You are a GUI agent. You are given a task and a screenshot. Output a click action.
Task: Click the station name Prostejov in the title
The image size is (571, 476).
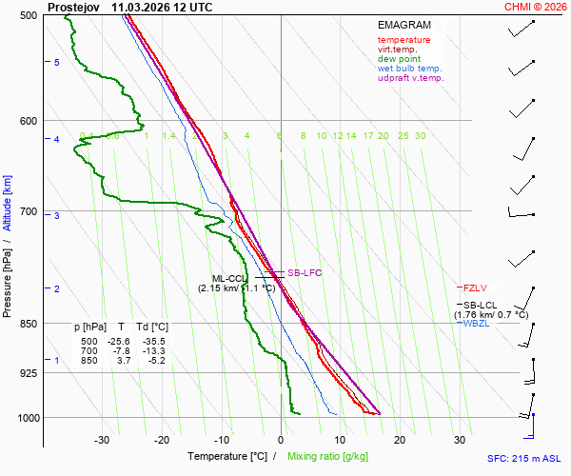(73, 7)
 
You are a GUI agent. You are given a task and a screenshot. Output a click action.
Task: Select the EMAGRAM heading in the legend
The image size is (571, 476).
(404, 25)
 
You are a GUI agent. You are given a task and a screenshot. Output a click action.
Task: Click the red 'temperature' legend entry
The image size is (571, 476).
(404, 40)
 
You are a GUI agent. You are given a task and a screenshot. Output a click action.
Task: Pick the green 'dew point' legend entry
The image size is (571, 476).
(399, 59)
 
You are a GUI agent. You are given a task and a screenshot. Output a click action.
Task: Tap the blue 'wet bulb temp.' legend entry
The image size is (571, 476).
(409, 69)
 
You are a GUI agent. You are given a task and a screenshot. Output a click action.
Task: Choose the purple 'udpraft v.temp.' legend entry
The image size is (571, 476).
(410, 78)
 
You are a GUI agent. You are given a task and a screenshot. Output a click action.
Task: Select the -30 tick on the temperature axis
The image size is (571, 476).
(102, 440)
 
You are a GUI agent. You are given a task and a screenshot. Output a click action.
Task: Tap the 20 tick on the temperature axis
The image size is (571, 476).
(399, 440)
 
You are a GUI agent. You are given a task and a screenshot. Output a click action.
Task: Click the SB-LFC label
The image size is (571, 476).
(305, 273)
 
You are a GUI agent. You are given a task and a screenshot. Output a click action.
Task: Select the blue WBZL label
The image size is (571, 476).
(477, 324)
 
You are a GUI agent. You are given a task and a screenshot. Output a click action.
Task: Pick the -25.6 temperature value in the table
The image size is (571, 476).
(119, 342)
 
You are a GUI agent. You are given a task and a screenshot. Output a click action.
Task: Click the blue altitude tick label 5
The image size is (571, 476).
(57, 62)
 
